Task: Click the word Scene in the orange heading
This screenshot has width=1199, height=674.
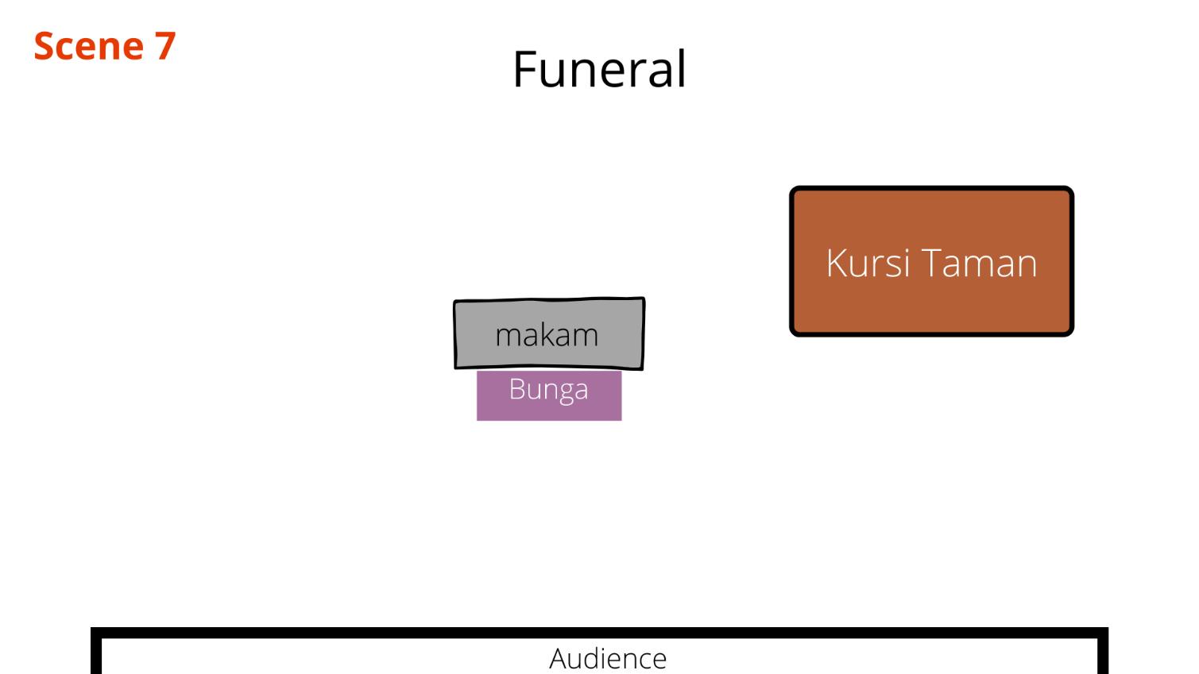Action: (88, 46)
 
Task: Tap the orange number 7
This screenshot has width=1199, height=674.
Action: (165, 46)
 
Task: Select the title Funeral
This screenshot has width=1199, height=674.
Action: (599, 69)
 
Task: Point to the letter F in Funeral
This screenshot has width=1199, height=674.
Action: (524, 69)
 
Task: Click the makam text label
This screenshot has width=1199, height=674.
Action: (547, 335)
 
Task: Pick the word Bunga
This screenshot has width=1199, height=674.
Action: (548, 390)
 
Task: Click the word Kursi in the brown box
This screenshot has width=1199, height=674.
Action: (867, 263)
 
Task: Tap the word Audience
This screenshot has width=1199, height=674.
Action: (608, 658)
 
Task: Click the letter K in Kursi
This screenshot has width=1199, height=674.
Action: (836, 263)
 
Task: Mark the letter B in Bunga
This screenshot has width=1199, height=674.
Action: (516, 389)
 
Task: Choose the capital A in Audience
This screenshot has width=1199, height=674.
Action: (559, 658)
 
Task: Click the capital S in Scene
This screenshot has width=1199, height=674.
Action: (45, 46)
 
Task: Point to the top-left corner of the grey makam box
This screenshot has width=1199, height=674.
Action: (455, 302)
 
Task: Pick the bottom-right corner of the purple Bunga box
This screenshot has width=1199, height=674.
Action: (621, 419)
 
